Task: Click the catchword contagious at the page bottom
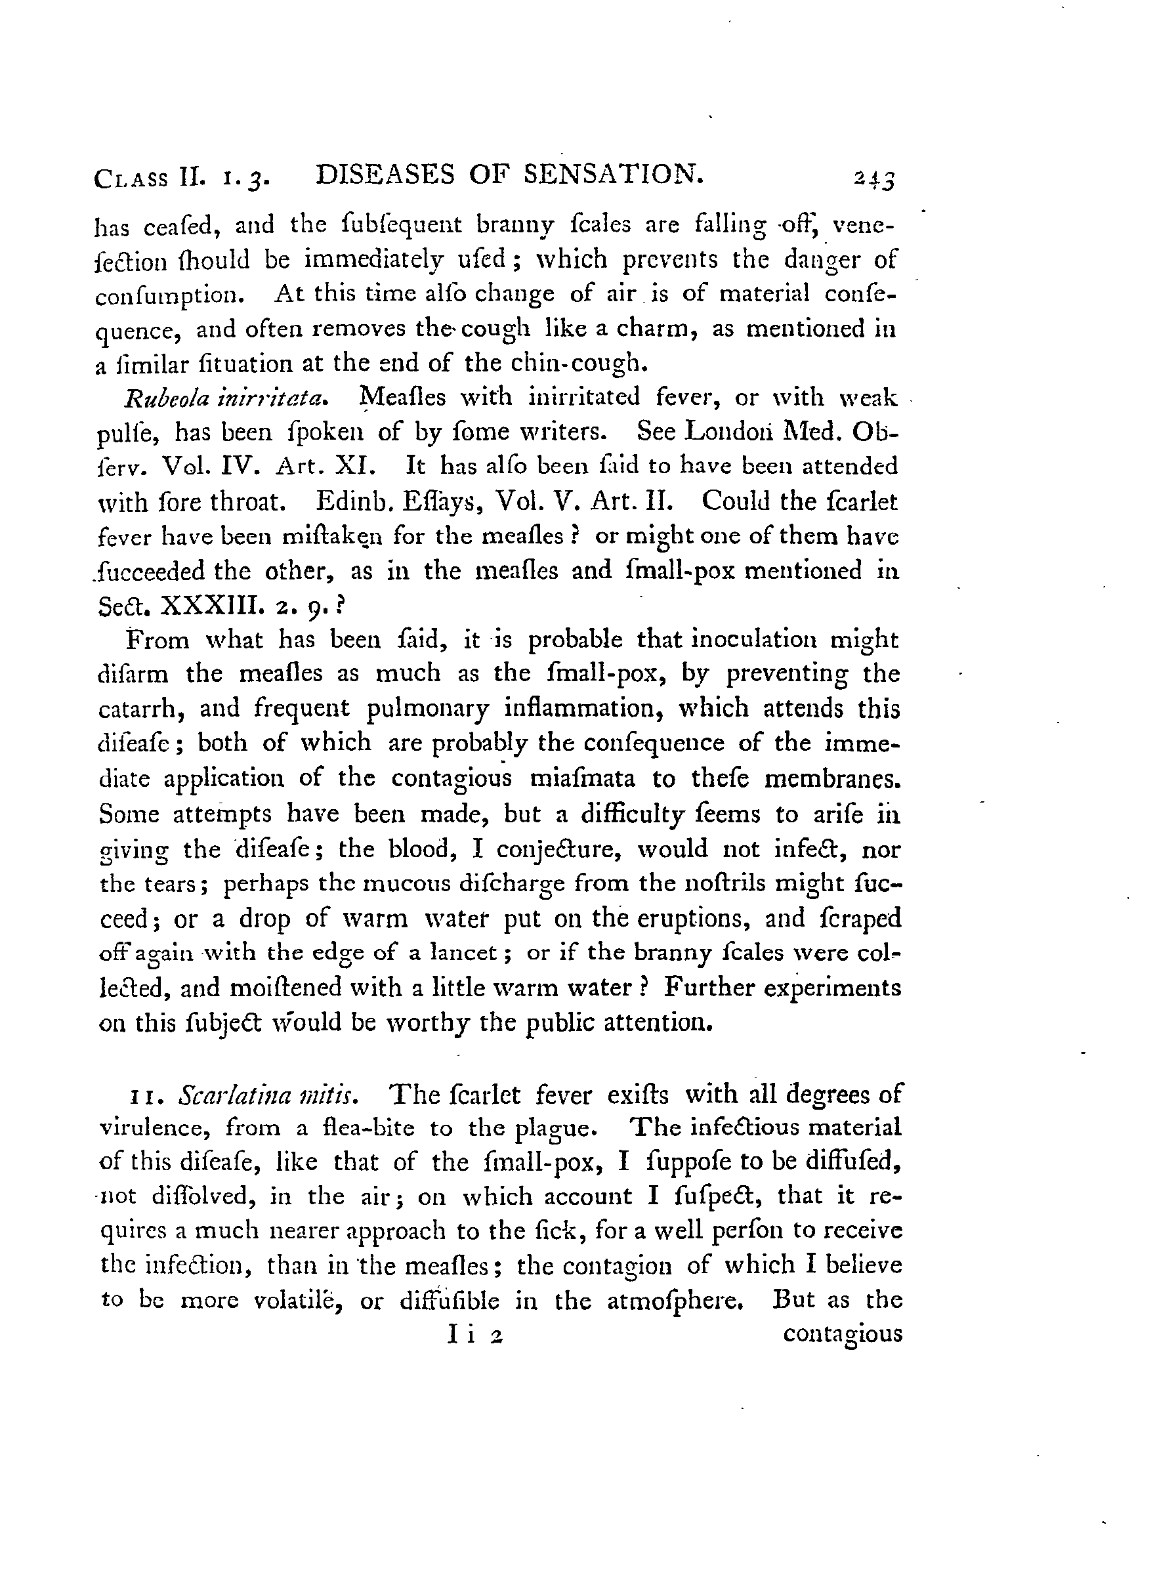(842, 1335)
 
